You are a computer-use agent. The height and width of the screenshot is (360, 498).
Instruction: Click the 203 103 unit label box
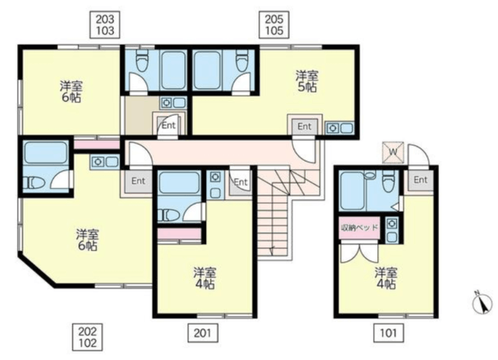click(105, 25)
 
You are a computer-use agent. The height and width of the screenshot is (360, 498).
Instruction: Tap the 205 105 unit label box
click(274, 25)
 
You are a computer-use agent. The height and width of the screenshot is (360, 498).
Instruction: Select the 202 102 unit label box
click(88, 337)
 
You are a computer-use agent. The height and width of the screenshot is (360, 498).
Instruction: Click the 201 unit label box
click(202, 333)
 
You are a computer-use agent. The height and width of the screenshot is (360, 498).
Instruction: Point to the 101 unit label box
click(389, 333)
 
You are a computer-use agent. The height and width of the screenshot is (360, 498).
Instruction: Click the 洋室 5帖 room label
click(307, 82)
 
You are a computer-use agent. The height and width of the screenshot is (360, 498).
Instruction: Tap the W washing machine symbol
click(393, 152)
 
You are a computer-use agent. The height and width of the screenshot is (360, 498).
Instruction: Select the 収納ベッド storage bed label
click(359, 228)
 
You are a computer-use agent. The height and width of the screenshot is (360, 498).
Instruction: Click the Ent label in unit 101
click(420, 180)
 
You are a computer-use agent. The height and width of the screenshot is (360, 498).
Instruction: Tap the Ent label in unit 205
click(304, 126)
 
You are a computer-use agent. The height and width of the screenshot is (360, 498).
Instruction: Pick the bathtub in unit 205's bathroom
click(208, 70)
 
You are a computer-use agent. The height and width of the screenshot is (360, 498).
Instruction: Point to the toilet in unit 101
click(388, 181)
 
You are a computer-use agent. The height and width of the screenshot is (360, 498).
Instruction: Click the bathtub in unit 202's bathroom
click(46, 152)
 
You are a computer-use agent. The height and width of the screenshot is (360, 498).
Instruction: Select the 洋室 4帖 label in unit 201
click(205, 278)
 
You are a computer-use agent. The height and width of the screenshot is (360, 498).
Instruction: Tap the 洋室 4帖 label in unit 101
click(386, 278)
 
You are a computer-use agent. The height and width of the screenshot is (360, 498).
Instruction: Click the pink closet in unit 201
click(180, 234)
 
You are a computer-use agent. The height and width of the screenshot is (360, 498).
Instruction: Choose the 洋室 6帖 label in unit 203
click(72, 92)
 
